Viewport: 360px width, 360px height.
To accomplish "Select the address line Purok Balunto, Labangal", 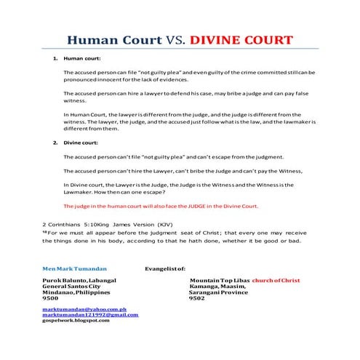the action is click(x=81, y=280).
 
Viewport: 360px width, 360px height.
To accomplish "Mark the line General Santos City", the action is click(x=73, y=286).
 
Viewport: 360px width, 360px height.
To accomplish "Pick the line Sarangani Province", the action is click(x=220, y=292).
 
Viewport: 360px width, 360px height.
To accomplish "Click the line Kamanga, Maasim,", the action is click(x=217, y=286).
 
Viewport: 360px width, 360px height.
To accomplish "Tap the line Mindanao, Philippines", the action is click(x=79, y=292).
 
